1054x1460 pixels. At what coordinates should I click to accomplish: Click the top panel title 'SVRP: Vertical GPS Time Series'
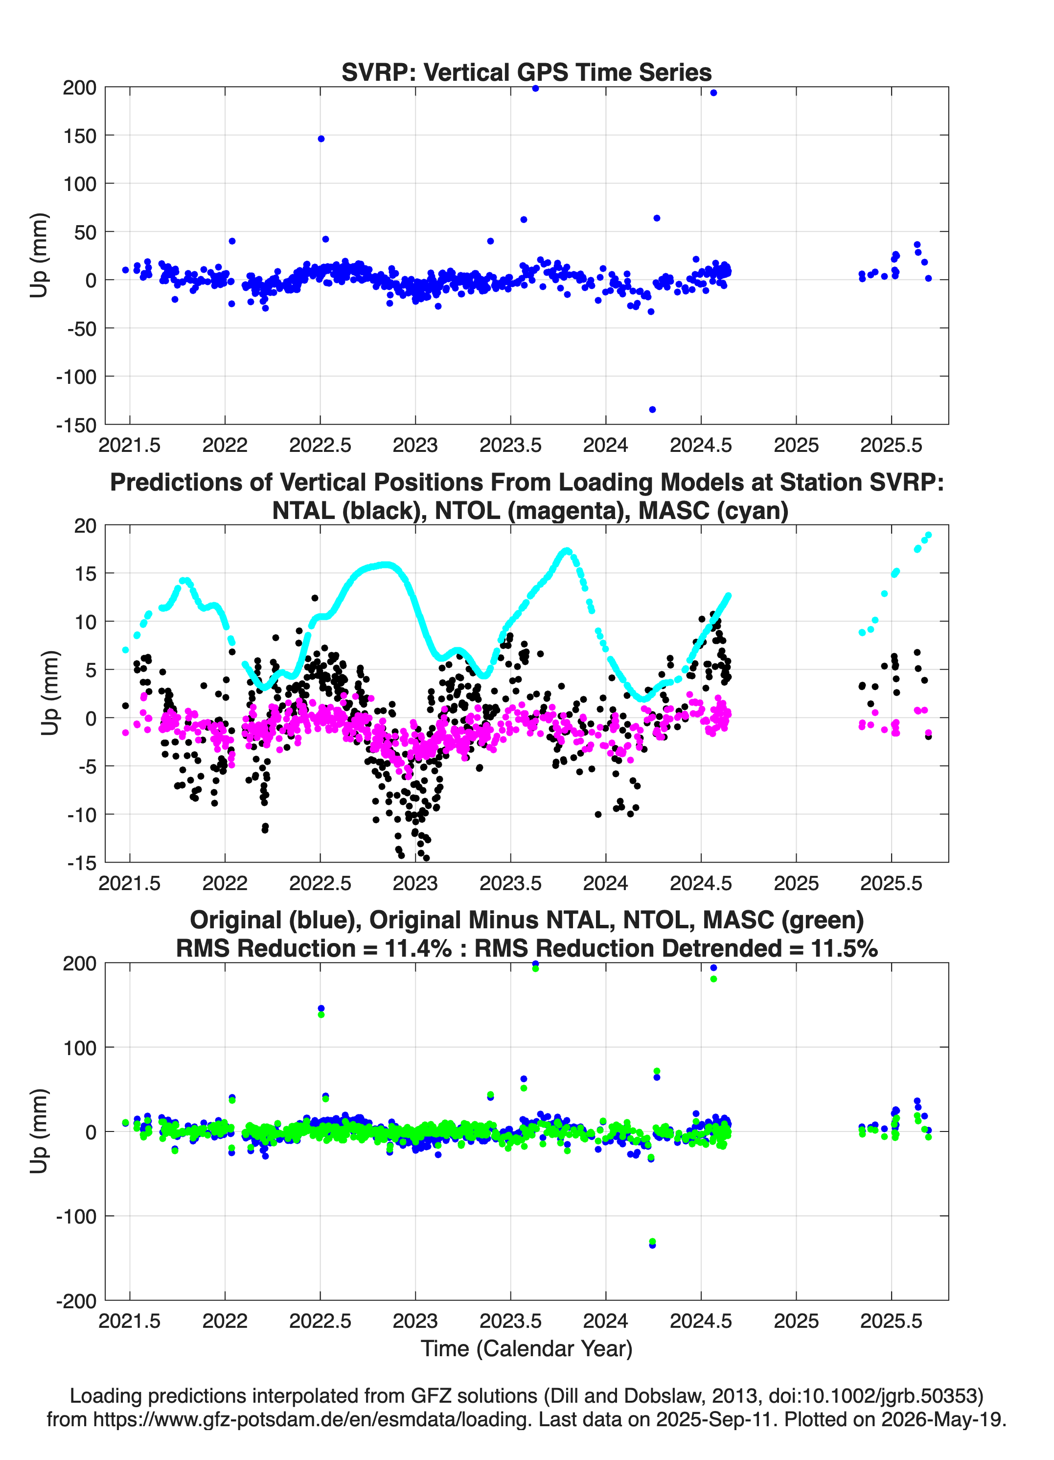tap(527, 72)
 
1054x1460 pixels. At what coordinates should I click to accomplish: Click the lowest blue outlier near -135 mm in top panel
tap(652, 409)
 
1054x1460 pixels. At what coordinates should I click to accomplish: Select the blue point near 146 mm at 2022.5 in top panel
tap(321, 139)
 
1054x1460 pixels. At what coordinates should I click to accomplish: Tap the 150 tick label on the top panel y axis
tap(80, 136)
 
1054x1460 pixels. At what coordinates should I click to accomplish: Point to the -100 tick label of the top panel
tap(76, 377)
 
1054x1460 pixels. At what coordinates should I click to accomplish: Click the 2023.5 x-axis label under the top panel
tap(510, 445)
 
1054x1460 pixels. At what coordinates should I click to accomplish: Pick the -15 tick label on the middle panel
tap(82, 863)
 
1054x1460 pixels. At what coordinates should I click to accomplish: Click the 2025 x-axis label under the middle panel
tap(796, 883)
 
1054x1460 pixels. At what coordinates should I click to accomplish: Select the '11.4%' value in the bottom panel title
tap(418, 948)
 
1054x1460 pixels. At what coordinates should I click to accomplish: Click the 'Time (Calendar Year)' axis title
tap(527, 1349)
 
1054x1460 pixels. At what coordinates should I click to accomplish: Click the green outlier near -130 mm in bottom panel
tap(652, 1241)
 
